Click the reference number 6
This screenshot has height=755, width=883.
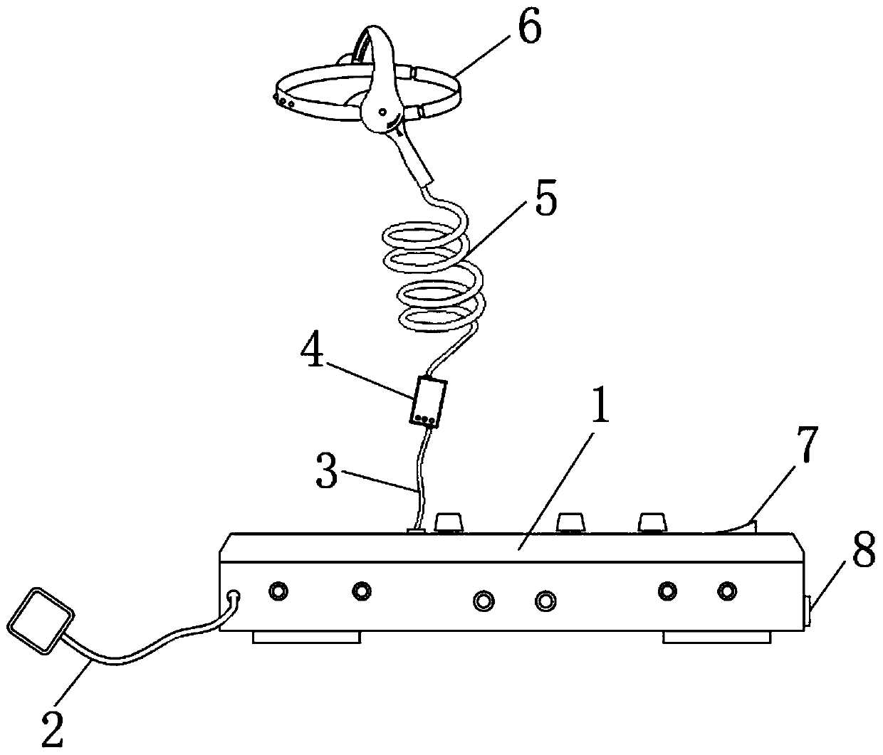tap(528, 30)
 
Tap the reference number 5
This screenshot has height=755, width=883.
tap(547, 202)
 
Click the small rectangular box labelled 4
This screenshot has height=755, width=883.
tap(429, 401)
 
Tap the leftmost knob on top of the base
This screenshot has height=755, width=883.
tap(447, 523)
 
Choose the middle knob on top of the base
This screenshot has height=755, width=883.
tap(570, 523)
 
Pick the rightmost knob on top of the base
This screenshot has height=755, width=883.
tap(652, 523)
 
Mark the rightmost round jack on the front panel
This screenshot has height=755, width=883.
tap(726, 591)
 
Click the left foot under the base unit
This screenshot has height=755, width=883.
tap(306, 638)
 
